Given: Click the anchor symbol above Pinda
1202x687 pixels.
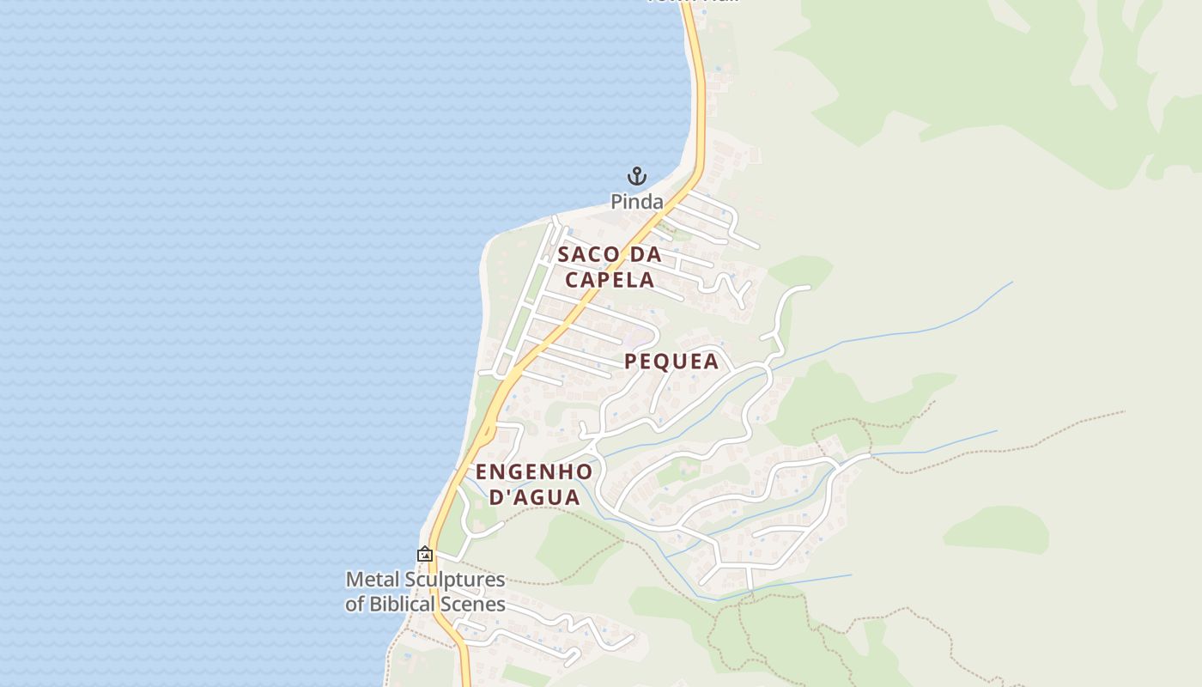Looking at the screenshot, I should [636, 177].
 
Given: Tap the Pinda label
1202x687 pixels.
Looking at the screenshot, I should [636, 202].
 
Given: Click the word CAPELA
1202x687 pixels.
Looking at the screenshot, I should [610, 280].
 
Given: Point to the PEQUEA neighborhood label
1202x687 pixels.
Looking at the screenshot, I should [671, 362].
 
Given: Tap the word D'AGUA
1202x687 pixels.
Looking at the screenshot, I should [534, 497].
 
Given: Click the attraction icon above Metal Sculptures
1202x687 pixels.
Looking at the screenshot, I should [424, 555].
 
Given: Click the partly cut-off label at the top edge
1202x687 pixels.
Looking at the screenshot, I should [693, 2].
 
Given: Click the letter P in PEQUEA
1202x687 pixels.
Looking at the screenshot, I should [631, 362].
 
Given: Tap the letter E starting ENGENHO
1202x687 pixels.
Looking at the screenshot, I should [482, 472].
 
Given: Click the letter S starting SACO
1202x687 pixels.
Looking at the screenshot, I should [564, 255].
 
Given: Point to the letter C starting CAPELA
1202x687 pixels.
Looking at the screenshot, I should [572, 280].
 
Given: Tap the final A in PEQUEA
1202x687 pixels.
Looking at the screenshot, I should [711, 362].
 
